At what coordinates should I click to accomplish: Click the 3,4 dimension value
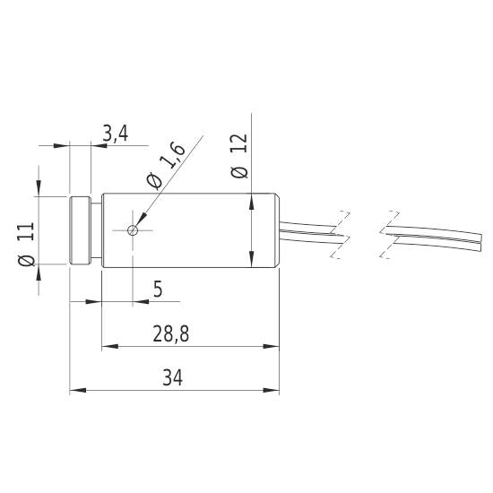pyautogui.click(x=116, y=134)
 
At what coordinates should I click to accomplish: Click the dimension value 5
pyautogui.click(x=158, y=290)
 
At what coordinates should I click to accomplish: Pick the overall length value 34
pyautogui.click(x=172, y=378)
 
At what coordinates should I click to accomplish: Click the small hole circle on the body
pyautogui.click(x=134, y=230)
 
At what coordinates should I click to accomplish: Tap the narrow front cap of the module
pyautogui.click(x=79, y=230)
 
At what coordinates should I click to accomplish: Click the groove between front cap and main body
pyautogui.click(x=95, y=230)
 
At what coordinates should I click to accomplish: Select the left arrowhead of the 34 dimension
pyautogui.click(x=76, y=391)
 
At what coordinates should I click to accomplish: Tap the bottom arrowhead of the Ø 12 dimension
pyautogui.click(x=250, y=263)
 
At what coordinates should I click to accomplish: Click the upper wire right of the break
pyautogui.click(x=439, y=227)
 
